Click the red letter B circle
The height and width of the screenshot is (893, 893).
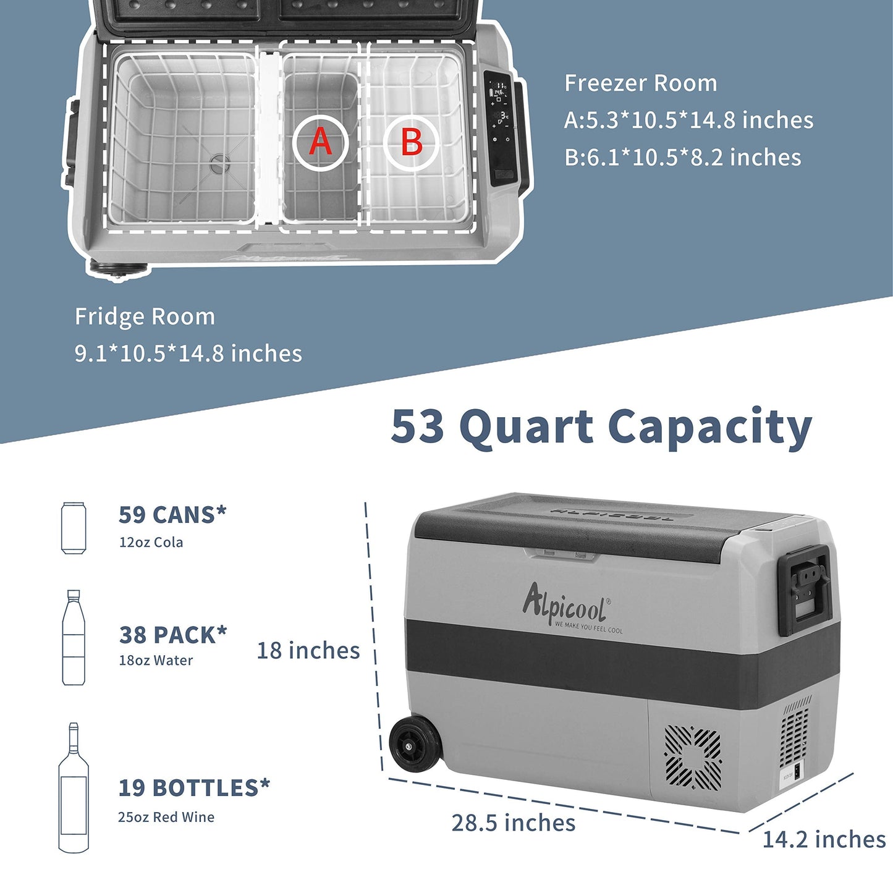point(411,142)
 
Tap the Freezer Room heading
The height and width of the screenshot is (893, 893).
point(640,83)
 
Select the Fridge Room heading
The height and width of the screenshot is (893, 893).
point(145,317)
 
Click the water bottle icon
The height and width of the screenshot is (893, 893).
point(74,637)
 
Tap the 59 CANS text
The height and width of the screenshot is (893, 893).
point(172,514)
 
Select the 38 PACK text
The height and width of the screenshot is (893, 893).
point(173,635)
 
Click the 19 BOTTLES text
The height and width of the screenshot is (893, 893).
point(194,788)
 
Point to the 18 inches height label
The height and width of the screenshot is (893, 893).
point(308,650)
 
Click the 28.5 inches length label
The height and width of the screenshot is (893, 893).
point(514,823)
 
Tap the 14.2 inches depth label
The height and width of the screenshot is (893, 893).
point(824,839)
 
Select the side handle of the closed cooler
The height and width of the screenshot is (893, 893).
point(805,590)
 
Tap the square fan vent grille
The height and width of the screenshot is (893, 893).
point(693,758)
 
